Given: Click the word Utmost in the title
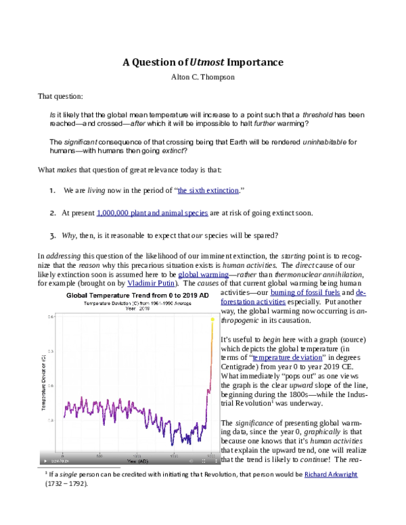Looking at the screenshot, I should (x=208, y=62).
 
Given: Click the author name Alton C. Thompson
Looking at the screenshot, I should (x=202, y=76).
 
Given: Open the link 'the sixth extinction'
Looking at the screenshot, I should (x=208, y=191).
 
